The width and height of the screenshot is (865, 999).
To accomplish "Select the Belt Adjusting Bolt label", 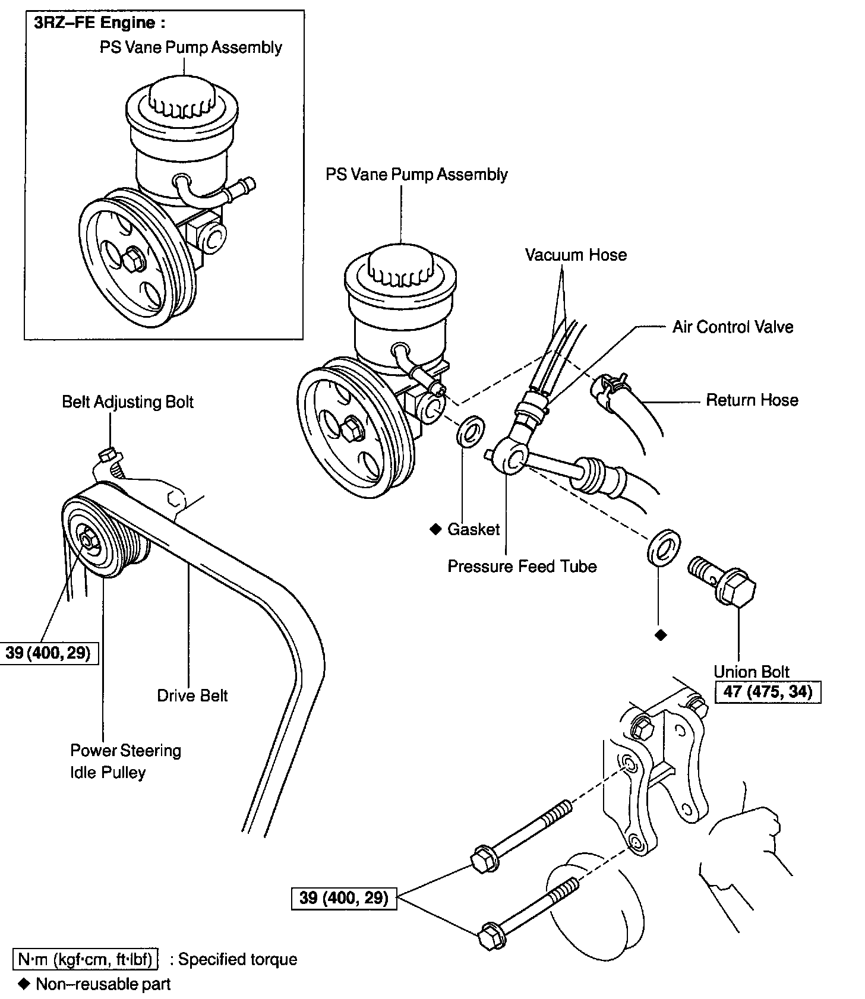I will point(128,402).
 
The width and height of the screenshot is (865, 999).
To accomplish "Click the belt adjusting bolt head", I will point(107,455).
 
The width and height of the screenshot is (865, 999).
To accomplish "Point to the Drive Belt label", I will point(192,695).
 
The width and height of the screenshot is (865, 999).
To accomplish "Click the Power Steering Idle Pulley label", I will point(125,761).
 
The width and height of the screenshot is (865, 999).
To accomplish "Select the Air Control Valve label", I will point(733,327).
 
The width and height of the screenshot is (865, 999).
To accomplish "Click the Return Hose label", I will point(752,400).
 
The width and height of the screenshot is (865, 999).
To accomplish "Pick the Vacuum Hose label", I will point(576,255).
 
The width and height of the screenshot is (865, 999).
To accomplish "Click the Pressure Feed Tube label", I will point(522,566).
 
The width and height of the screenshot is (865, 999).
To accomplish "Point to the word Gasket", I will point(473,529).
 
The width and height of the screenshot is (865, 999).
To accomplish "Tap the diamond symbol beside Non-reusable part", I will point(24,984).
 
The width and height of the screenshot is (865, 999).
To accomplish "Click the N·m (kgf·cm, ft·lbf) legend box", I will point(86,959).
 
